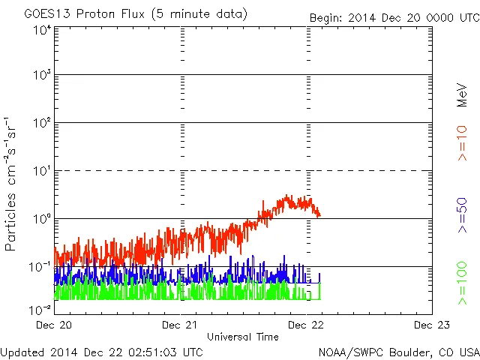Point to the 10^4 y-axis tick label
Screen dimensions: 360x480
click(42, 30)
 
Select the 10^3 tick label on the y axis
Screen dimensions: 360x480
click(42, 76)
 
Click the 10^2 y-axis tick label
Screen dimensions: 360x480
click(42, 123)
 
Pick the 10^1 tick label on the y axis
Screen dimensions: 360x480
click(42, 171)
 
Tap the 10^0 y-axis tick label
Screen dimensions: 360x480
click(42, 219)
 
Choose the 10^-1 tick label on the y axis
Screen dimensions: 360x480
click(40, 266)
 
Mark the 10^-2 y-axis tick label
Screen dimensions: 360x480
click(40, 308)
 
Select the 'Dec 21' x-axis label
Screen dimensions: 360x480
click(181, 325)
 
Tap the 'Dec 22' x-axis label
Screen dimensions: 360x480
click(307, 325)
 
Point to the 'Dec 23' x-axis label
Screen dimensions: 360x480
click(431, 325)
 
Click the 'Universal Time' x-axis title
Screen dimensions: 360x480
click(243, 337)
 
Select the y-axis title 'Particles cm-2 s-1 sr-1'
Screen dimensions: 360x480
click(12, 184)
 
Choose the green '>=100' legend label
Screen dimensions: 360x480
click(463, 283)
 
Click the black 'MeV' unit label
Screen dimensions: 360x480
click(463, 95)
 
